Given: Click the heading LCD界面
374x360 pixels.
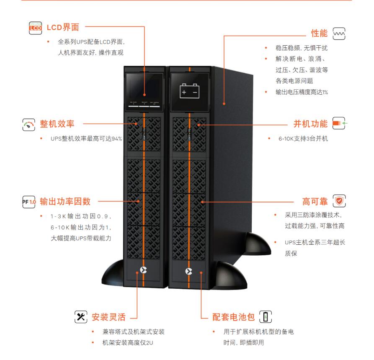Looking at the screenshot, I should click(62, 28).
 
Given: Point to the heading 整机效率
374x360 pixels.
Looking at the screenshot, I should click(57, 124).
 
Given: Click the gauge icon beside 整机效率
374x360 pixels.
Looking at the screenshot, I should click(29, 124).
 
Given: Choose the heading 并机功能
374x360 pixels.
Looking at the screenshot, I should click(310, 124).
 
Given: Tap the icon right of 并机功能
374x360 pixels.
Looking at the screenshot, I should click(339, 124).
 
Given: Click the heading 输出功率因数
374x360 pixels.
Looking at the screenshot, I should click(65, 201).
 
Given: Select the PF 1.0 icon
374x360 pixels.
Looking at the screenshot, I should click(29, 201).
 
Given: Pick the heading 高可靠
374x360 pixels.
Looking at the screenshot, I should click(315, 201).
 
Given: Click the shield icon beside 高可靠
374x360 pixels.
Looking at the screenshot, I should click(339, 201).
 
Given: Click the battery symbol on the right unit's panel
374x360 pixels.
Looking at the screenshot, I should click(189, 91).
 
